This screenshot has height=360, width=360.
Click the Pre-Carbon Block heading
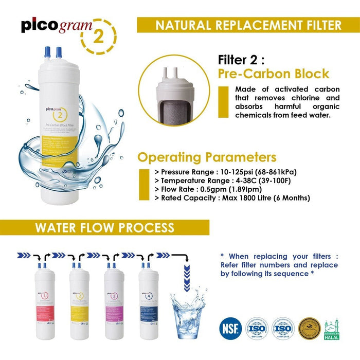[x=274, y=74]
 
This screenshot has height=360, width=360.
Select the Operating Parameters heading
[x=207, y=157]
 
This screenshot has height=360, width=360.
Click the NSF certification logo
[x=229, y=327]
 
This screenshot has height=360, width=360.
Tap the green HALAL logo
[x=332, y=328]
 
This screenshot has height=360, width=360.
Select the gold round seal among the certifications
[x=309, y=328]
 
